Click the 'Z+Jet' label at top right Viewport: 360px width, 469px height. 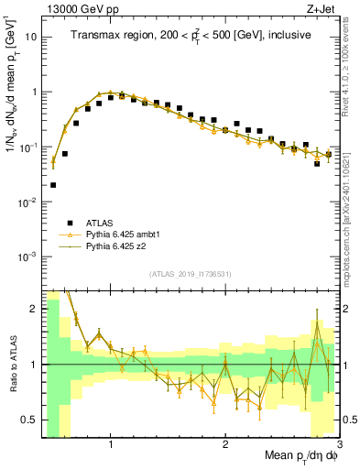pyautogui.click(x=322, y=8)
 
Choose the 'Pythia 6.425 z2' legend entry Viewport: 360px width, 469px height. pyautogui.click(x=115, y=246)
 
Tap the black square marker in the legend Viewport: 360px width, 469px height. pyautogui.click(x=64, y=223)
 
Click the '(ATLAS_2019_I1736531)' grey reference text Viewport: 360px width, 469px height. pyautogui.click(x=191, y=274)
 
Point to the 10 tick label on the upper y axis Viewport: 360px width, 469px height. pyautogui.click(x=31, y=38)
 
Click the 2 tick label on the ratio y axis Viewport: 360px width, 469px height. pyautogui.click(x=34, y=309)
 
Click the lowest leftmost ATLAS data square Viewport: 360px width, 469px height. pyautogui.click(x=53, y=184)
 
